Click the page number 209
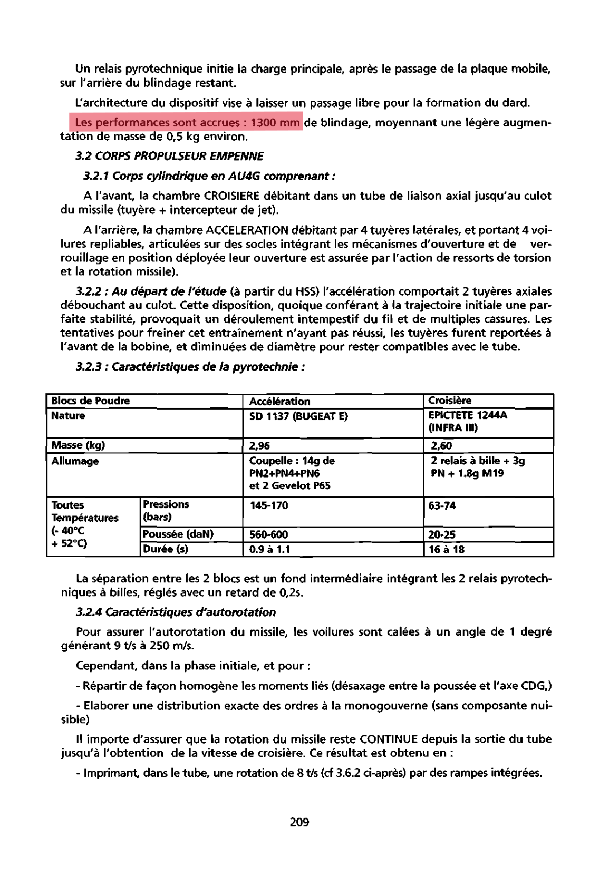pyautogui.click(x=299, y=822)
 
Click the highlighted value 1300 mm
pyautogui.click(x=275, y=123)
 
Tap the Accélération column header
pyautogui.click(x=279, y=402)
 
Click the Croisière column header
pyautogui.click(x=450, y=401)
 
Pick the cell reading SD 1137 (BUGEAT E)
pyautogui.click(x=298, y=416)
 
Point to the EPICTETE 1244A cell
pyautogui.click(x=468, y=415)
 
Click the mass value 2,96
pyautogui.click(x=259, y=446)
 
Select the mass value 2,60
pyautogui.click(x=441, y=446)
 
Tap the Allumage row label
pyautogui.click(x=75, y=461)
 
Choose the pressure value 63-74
pyautogui.click(x=442, y=505)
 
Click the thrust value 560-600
pyautogui.click(x=268, y=534)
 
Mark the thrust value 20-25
pyautogui.click(x=442, y=534)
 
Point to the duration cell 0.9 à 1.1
pyautogui.click(x=270, y=549)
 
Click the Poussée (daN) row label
pyautogui.click(x=178, y=534)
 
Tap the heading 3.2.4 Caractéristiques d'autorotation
pyautogui.click(x=176, y=612)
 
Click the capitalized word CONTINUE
pyautogui.click(x=389, y=739)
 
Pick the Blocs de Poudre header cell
pyautogui.click(x=90, y=401)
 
